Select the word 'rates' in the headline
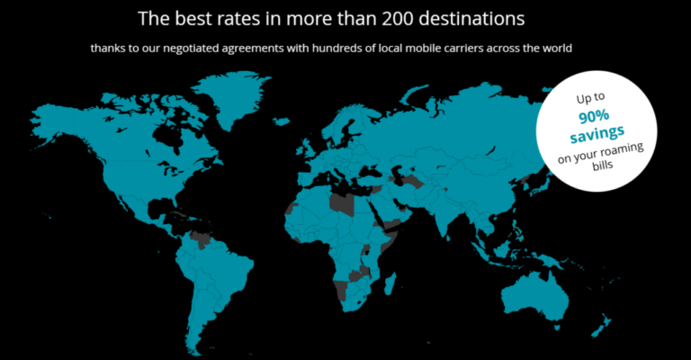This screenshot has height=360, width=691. click(x=235, y=17)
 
